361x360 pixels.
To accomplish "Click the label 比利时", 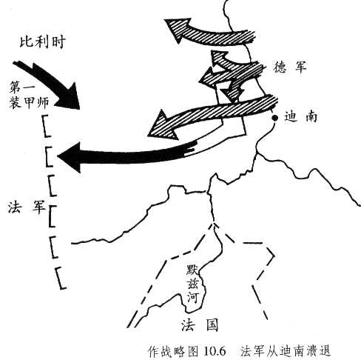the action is (x=42, y=41).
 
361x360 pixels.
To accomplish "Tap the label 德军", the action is (x=289, y=67).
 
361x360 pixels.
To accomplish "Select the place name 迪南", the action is (x=301, y=117).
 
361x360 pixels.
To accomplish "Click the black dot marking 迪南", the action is (x=274, y=119).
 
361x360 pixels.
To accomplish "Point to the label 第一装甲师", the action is (x=29, y=96).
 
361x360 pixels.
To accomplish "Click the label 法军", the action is (x=27, y=207).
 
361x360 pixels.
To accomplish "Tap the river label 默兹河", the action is (x=192, y=284).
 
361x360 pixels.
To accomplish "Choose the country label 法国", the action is (x=200, y=324).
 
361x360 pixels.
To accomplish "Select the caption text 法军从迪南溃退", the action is (x=286, y=350).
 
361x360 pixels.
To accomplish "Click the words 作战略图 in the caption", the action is (x=173, y=350).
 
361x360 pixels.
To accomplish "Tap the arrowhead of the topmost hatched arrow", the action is (x=177, y=29).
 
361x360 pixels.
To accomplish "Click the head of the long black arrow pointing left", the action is (x=70, y=157).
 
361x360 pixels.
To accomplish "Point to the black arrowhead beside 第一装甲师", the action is (x=69, y=98).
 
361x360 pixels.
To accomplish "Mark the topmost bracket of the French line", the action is (x=46, y=126).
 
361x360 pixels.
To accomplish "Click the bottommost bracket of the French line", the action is (x=61, y=278).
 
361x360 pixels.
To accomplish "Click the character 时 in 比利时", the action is (x=58, y=41).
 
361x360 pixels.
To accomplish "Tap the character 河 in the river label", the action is (x=192, y=297).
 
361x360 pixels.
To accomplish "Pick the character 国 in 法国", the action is (x=212, y=324).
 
